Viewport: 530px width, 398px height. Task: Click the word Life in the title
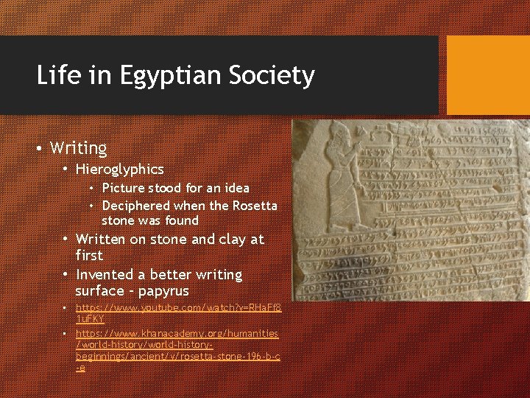pyautogui.click(x=54, y=75)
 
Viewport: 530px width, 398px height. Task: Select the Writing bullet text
pyautogui.click(x=78, y=148)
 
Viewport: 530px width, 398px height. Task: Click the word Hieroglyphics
pyautogui.click(x=119, y=170)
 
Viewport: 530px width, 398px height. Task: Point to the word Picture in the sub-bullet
pyautogui.click(x=124, y=189)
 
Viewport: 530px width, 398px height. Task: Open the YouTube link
pyautogui.click(x=177, y=312)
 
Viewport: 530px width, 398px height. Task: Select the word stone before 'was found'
pyautogui.click(x=119, y=220)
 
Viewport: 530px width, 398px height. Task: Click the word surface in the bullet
pyautogui.click(x=99, y=291)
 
